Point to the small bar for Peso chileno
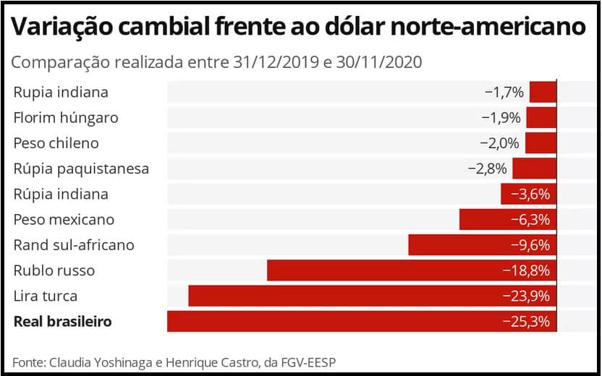540,142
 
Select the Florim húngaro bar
541,117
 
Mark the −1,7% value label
504,92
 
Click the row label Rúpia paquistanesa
81,168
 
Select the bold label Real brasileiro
63,321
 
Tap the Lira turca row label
45,296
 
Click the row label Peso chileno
56,142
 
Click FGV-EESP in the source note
309,362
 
